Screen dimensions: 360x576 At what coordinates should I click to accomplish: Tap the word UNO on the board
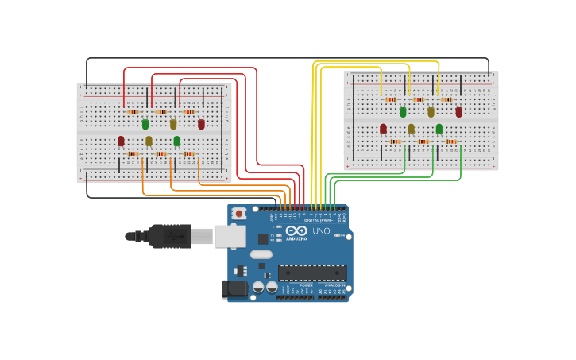click(321, 231)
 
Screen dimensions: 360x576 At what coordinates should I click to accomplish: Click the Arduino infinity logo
click(296, 230)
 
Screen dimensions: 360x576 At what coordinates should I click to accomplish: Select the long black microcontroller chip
click(312, 273)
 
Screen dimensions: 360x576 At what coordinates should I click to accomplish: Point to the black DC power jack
click(235, 289)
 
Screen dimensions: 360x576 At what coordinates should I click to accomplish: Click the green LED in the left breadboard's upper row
click(145, 124)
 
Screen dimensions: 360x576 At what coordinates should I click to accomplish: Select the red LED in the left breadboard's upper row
click(201, 124)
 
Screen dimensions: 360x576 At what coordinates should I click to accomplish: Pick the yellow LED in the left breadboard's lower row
click(149, 141)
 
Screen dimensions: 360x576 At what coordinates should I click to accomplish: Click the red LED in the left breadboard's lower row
click(121, 141)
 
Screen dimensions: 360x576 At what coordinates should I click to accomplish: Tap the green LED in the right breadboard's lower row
click(439, 128)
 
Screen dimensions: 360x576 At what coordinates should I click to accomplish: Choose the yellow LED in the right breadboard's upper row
click(431, 112)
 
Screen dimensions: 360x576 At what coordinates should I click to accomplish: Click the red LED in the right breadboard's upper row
click(458, 112)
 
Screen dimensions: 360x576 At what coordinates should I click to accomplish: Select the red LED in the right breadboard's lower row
click(383, 128)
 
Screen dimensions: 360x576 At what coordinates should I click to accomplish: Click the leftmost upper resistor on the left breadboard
click(133, 112)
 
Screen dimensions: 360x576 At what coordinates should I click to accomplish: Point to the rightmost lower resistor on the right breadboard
click(450, 141)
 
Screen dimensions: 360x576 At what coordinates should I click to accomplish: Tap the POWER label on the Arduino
click(306, 285)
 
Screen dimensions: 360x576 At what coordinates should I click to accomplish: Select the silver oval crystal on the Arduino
click(261, 254)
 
